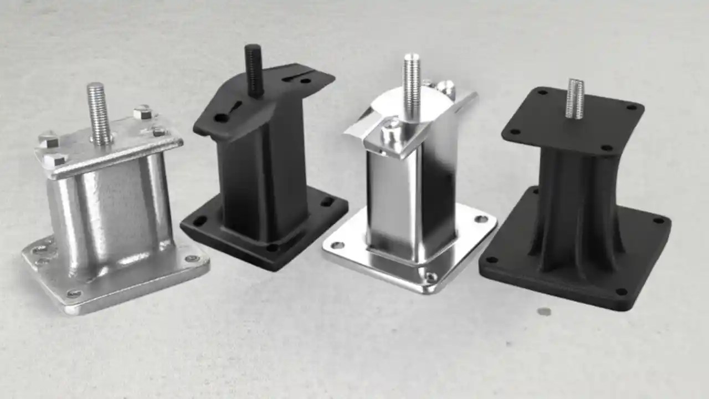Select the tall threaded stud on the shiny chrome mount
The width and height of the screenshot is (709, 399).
[x=411, y=86]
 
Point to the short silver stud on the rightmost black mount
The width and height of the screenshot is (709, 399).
[x=575, y=99]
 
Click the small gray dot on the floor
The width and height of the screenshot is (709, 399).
[x=544, y=311]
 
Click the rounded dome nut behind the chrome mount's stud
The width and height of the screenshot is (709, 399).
[x=445, y=88]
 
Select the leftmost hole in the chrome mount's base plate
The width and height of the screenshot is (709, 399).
[x=337, y=245]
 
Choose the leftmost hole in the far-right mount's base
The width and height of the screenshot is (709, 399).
[x=490, y=259]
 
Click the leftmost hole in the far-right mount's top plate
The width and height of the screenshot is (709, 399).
[x=515, y=132]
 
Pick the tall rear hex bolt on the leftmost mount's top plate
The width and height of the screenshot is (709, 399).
[x=142, y=112]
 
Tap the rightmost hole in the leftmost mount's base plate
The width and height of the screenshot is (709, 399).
[x=192, y=258]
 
